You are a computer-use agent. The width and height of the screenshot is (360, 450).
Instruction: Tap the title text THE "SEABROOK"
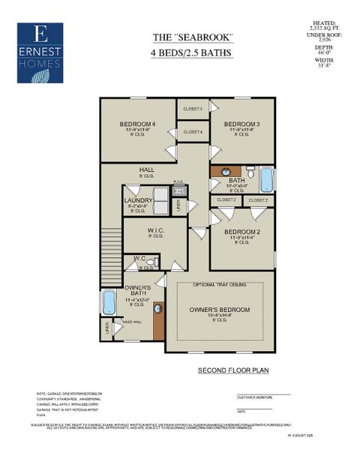point(194,38)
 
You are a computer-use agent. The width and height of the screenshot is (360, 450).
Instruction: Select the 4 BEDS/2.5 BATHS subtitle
point(194,53)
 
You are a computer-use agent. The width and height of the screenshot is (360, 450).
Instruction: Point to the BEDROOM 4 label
point(137,124)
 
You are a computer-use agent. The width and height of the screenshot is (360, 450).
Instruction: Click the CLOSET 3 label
point(193,109)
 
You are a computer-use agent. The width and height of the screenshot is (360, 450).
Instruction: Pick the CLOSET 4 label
point(193,132)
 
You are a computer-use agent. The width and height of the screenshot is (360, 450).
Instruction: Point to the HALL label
point(146,170)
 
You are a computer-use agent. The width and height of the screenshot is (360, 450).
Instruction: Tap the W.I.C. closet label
point(156,230)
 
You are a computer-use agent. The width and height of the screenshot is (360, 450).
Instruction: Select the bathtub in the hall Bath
point(266,180)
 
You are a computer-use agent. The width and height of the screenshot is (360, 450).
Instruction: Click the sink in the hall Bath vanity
point(224,172)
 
